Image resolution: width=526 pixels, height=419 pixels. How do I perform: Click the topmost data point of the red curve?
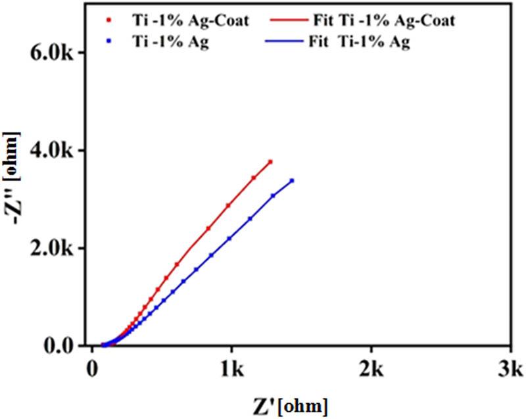click(x=270, y=161)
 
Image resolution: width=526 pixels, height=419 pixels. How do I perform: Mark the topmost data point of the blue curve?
click(x=291, y=180)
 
